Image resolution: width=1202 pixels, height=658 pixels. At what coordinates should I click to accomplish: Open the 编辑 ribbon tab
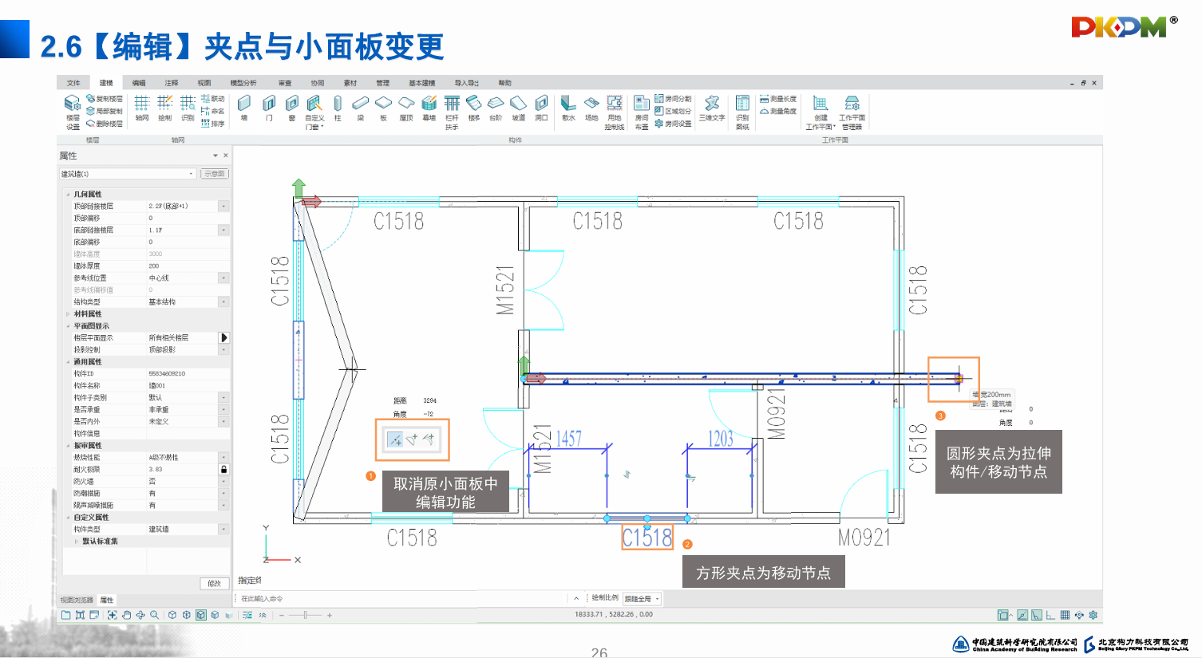pos(139,83)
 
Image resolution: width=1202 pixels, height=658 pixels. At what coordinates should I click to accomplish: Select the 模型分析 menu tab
pos(243,83)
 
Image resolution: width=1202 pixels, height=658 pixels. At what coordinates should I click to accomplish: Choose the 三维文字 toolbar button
pos(712,107)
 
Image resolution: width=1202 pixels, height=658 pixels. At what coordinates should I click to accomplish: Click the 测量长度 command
pos(778,99)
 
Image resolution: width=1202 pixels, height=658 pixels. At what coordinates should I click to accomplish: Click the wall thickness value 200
pos(154,266)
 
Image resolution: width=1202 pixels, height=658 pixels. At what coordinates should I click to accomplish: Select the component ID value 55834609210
pos(167,374)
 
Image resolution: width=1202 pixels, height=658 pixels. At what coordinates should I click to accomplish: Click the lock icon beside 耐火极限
pos(224,470)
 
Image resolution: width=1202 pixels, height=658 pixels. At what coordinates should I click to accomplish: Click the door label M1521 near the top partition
pos(505,290)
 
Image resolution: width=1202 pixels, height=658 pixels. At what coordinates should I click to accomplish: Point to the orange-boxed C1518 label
pos(647,538)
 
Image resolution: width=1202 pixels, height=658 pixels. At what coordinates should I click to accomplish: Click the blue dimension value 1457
pos(568,439)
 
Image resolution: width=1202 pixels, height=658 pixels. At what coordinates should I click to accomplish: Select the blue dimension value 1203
pos(720,439)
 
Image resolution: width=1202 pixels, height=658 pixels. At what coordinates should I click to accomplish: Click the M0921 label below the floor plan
pos(864,538)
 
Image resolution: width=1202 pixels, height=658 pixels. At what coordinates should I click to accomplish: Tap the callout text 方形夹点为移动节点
pos(763,573)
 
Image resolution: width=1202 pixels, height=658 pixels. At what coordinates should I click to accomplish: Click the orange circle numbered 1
pos(370,476)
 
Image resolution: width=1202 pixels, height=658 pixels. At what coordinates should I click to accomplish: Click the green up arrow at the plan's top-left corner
pos(299,187)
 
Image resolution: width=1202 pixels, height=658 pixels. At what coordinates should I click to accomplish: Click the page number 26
pos(599,652)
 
